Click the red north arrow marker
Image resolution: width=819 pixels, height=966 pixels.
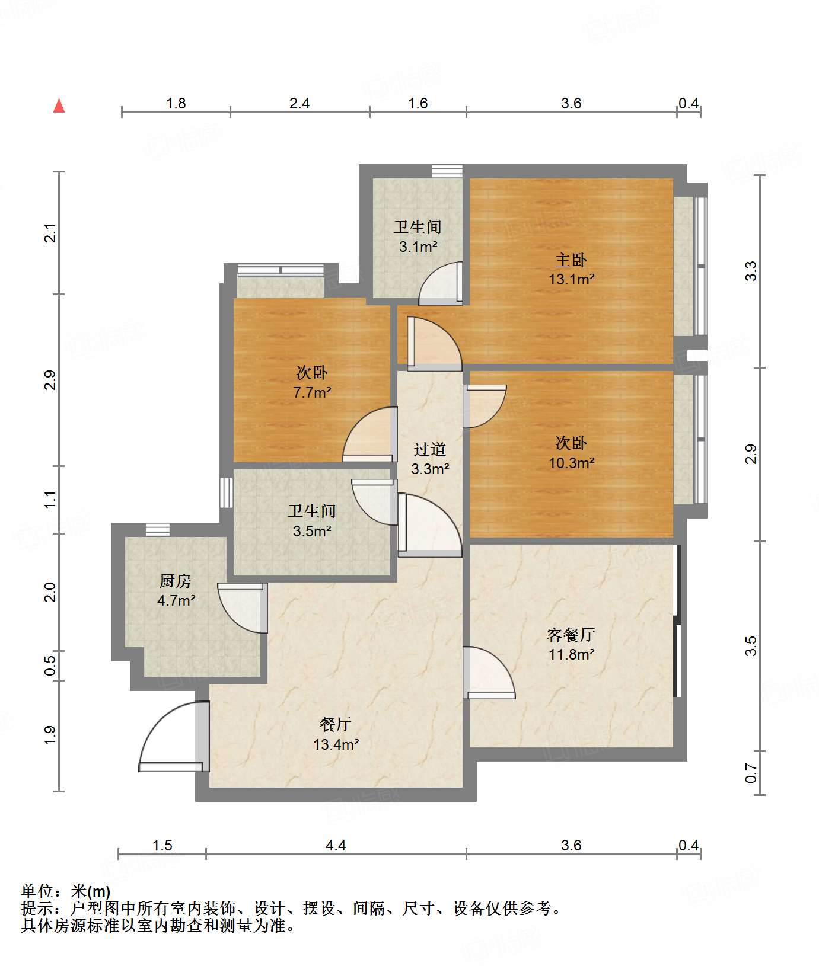tap(59, 105)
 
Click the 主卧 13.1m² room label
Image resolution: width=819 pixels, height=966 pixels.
tap(571, 269)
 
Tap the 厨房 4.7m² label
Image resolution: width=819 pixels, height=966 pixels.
tap(176, 590)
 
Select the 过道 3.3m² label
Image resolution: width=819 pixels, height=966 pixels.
tap(430, 459)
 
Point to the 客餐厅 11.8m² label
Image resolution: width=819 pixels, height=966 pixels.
tap(571, 644)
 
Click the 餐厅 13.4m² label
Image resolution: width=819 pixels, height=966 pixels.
tap(336, 734)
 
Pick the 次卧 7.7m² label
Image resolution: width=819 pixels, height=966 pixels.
tap(312, 382)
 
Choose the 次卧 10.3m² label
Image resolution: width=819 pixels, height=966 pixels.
tap(571, 453)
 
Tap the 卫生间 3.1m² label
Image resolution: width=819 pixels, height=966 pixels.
tap(418, 236)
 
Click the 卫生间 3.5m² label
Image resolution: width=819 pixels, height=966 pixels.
tap(312, 521)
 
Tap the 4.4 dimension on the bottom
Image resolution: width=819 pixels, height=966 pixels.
tap(336, 845)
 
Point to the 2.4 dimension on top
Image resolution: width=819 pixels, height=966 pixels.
tap(299, 103)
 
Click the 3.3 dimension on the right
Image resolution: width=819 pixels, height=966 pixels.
tap(751, 271)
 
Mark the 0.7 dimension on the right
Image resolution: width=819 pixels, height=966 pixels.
tap(751, 773)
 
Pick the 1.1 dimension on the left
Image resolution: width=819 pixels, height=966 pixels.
tap(50, 499)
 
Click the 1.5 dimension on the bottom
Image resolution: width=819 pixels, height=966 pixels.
tap(162, 845)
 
